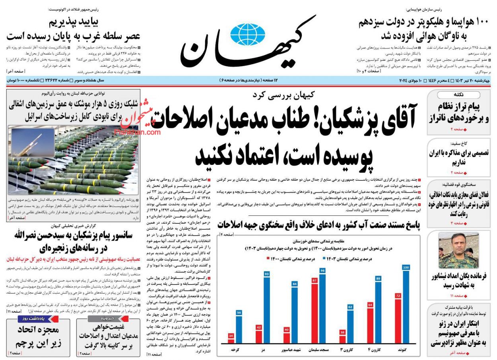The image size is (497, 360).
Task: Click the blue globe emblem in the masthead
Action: click(245, 35)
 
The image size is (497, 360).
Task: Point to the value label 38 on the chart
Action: click(342, 332)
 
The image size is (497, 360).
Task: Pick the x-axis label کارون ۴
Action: click(374, 350)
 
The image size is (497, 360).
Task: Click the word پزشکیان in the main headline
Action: click(374, 120)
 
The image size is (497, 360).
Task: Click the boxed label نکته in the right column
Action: click(458, 95)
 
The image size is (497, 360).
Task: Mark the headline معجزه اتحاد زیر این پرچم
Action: click(38, 336)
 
